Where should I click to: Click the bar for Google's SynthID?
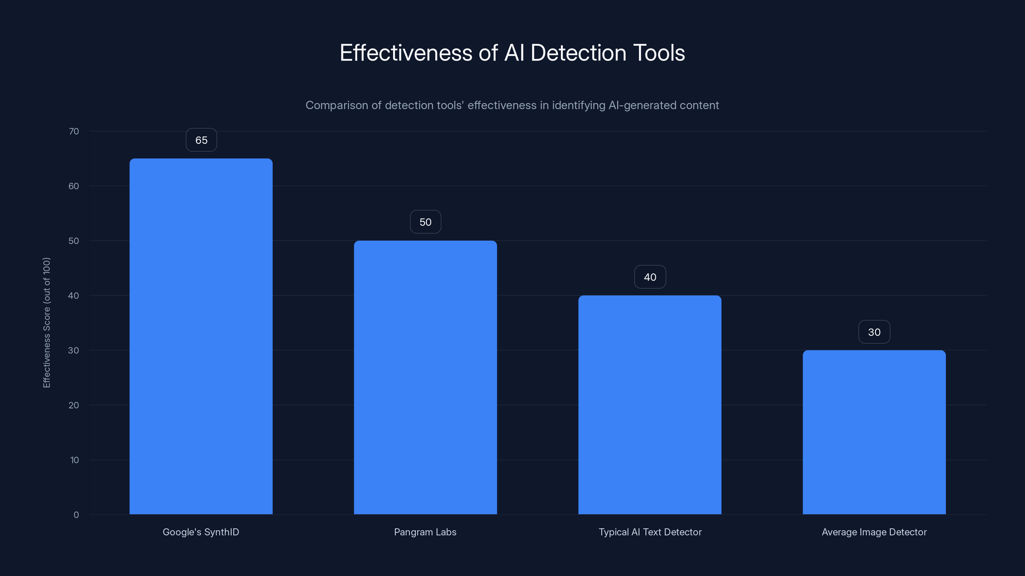coord(201,336)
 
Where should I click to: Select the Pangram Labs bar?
coord(425,377)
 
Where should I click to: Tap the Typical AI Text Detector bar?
coord(650,405)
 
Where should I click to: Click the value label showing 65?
coord(201,140)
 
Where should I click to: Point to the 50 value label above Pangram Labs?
coord(425,222)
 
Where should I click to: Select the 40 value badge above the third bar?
coord(650,277)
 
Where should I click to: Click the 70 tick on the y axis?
coord(74,131)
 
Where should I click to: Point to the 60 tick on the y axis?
coord(74,186)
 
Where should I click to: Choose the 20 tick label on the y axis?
coord(74,405)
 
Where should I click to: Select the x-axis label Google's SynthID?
coord(201,532)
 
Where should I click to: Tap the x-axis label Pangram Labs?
coord(425,532)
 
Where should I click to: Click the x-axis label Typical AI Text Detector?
coord(650,532)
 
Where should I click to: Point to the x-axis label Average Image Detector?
coord(874,532)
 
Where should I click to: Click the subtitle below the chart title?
coord(512,105)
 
